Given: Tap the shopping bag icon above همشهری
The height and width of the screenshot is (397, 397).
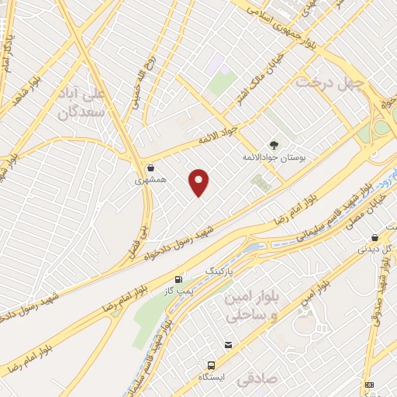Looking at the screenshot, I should point(150,167).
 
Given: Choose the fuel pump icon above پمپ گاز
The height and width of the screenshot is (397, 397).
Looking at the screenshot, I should point(180,279).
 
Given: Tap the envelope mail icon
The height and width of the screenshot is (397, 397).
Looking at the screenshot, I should point(228,345).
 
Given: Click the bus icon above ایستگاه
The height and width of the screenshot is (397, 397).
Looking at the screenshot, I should point(211,364).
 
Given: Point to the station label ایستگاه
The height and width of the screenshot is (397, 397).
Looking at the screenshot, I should point(212,377).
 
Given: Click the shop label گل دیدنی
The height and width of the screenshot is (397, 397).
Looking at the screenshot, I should point(375,250).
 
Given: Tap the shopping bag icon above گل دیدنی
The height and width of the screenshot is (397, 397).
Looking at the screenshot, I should point(375,237).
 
